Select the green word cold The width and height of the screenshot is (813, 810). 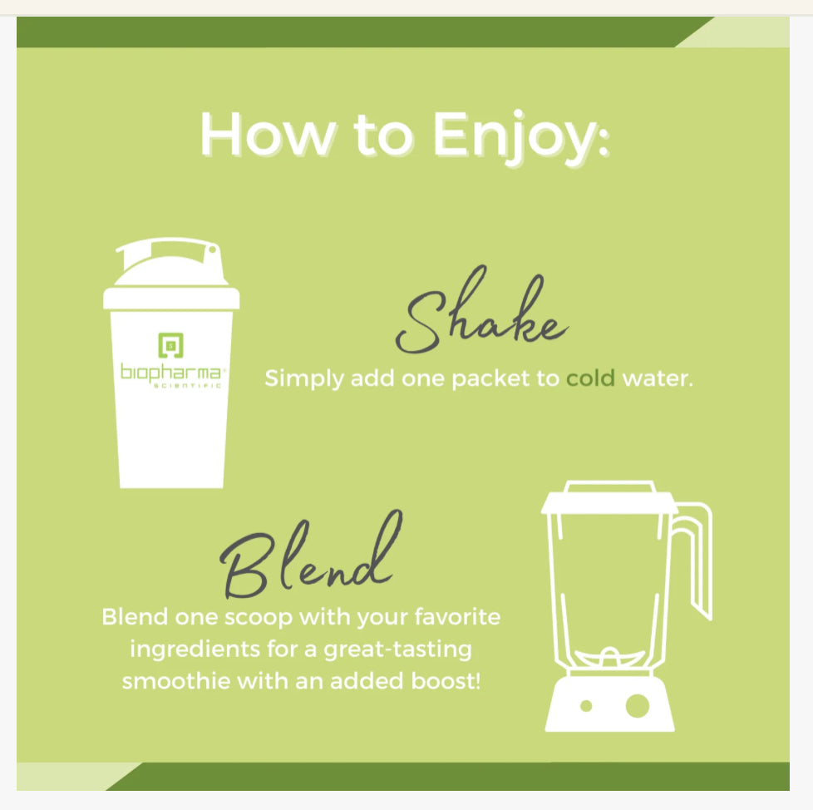(x=590, y=378)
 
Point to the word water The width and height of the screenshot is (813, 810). (x=658, y=378)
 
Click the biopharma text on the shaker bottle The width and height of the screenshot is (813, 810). (x=171, y=371)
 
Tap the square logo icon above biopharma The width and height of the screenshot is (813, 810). (x=171, y=343)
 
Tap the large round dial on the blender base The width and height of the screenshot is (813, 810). (x=638, y=706)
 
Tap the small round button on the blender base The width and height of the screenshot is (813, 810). (x=586, y=706)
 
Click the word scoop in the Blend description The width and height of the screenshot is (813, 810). (x=247, y=618)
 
